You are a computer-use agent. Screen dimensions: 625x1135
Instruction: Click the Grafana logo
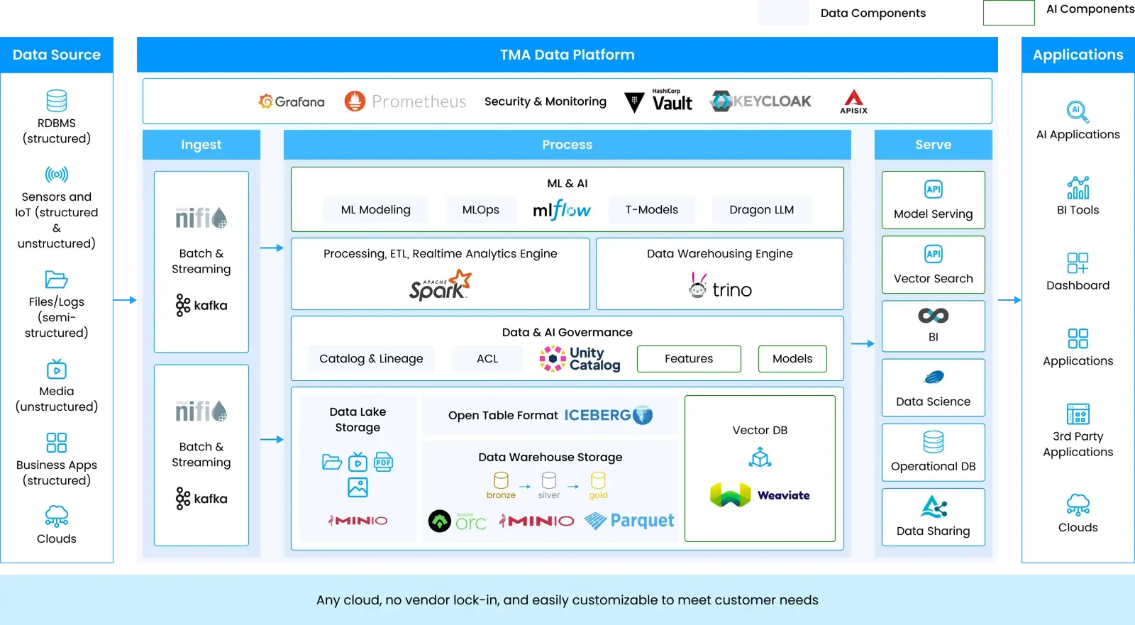pos(292,101)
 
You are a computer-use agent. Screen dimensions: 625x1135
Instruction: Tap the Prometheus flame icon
pos(355,101)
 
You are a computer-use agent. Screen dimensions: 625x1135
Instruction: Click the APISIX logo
pos(853,101)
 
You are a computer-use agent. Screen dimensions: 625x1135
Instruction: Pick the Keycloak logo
pos(760,101)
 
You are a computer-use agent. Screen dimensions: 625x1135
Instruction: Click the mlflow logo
pos(561,210)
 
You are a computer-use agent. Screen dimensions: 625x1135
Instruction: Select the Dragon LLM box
pos(761,210)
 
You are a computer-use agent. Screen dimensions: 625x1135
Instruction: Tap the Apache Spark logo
pos(440,286)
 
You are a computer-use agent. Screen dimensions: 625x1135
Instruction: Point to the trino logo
pos(720,287)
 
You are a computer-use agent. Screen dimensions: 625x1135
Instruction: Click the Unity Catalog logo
pos(580,358)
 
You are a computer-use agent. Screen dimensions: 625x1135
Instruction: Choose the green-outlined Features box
pos(688,359)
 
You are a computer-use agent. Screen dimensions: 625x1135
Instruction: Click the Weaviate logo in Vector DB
pos(760,494)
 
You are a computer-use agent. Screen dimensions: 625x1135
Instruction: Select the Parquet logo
pos(629,521)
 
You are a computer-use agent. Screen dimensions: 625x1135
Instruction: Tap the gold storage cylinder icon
pos(598,481)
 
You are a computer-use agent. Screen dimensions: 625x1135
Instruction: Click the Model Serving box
pos(933,200)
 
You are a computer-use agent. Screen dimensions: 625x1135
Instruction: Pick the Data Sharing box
pos(933,517)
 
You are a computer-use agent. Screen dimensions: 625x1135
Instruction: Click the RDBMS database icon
pos(57,101)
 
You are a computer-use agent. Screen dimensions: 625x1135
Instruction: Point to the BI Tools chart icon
pos(1078,188)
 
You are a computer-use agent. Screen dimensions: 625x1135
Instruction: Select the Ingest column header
pos(201,145)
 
